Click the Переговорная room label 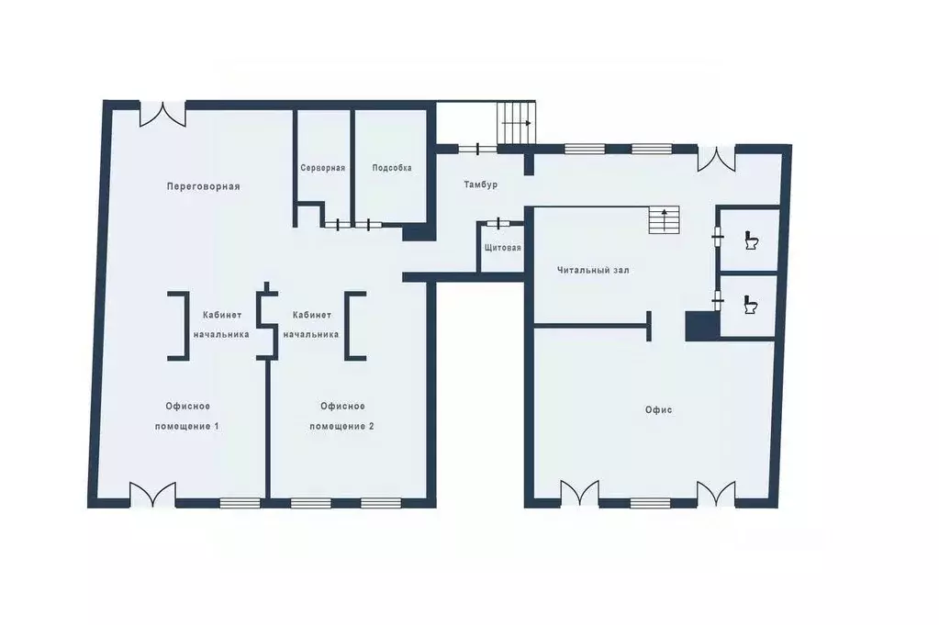[203, 186]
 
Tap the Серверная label [323, 168]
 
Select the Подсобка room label [392, 168]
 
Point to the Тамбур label [480, 185]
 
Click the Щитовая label [502, 248]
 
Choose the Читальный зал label [593, 270]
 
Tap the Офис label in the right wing [658, 410]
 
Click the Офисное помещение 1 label [187, 416]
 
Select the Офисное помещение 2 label [342, 416]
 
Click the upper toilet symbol [751, 240]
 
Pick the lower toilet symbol [750, 305]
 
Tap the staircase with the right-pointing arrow [516, 123]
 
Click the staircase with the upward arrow [665, 219]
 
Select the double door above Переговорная [162, 114]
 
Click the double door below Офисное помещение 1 [152, 495]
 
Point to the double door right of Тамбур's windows [716, 158]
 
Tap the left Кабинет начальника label [221, 325]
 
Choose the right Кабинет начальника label [311, 325]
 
